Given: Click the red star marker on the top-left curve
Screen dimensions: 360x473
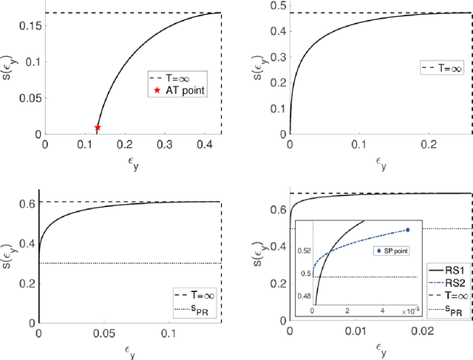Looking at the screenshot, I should (x=98, y=128).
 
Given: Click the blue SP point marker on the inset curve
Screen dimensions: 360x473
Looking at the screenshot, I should (x=406, y=230).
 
